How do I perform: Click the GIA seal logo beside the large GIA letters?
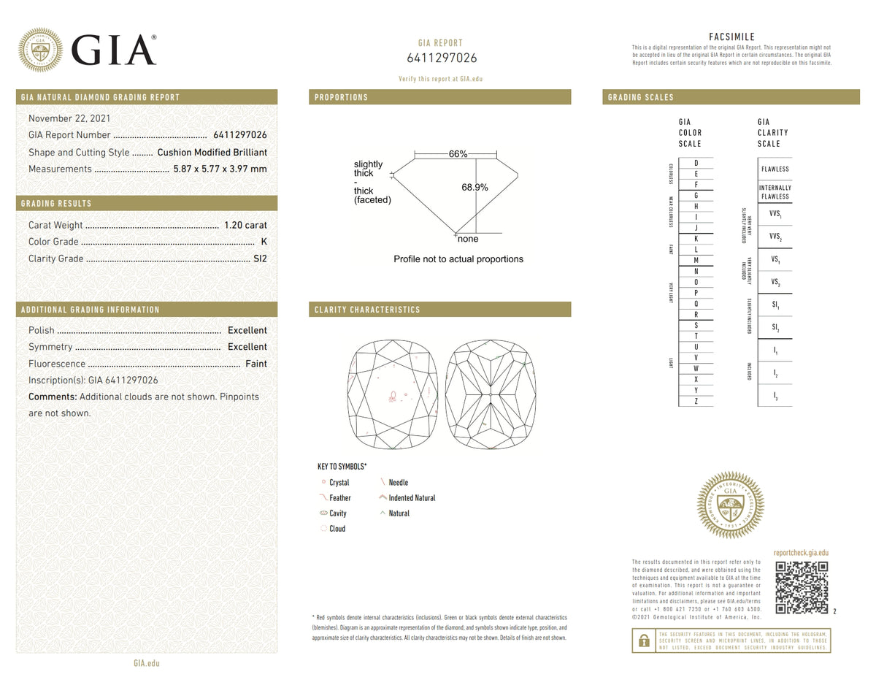click(40, 50)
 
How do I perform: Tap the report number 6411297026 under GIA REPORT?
click(441, 58)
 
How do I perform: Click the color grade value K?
click(264, 242)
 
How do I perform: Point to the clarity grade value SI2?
click(260, 259)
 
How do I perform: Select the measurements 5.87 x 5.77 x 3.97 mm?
click(220, 169)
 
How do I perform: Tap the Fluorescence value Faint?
click(255, 364)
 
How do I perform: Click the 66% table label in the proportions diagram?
click(458, 154)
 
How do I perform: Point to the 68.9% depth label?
click(474, 188)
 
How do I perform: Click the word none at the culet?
click(468, 239)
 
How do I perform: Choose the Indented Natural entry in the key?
click(412, 498)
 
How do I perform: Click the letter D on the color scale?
click(696, 162)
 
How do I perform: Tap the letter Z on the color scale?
click(696, 401)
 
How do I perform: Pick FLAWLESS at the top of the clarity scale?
click(775, 169)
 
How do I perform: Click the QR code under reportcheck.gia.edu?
click(801, 587)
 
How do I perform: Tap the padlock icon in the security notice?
click(643, 640)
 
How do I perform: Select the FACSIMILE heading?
click(731, 37)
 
